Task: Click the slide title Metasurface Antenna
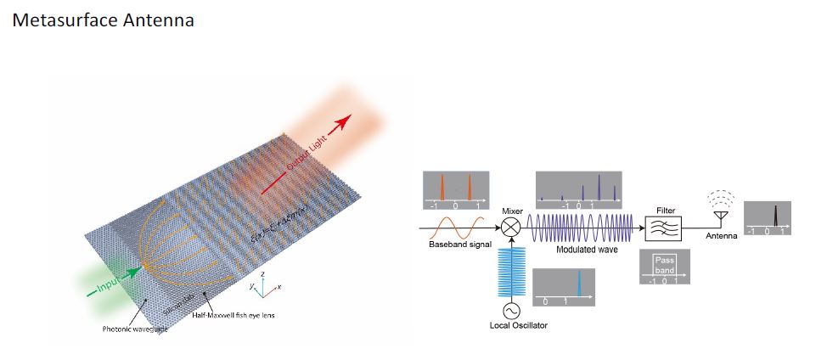click(x=104, y=20)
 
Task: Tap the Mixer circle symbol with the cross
click(x=511, y=228)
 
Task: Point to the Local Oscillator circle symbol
click(x=511, y=311)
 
